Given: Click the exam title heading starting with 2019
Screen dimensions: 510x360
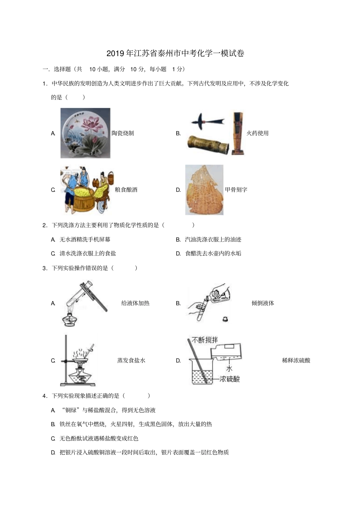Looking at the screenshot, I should (x=175, y=53).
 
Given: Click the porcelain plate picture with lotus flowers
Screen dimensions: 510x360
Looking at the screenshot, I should (x=85, y=133).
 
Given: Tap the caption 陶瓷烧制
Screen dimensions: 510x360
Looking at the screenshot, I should (x=123, y=133).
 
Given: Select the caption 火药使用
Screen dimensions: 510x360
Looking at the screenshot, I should (x=257, y=133).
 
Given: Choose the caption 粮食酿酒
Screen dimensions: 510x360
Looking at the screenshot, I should (x=126, y=190).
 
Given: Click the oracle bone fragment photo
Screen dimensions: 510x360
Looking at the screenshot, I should (x=204, y=190).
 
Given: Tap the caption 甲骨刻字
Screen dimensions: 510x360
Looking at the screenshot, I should (x=236, y=190).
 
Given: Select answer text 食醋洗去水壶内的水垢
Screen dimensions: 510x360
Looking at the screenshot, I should (x=213, y=254).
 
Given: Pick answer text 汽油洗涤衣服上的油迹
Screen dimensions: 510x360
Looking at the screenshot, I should (x=213, y=240).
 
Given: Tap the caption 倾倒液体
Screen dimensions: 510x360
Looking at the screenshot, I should (x=263, y=303).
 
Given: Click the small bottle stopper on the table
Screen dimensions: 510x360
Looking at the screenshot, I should (x=225, y=319).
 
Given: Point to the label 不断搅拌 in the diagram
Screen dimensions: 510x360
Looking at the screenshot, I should (x=205, y=340).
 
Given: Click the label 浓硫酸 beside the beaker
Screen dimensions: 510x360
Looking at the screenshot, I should (x=230, y=379).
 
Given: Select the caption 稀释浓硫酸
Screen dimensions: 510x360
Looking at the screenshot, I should (x=296, y=361).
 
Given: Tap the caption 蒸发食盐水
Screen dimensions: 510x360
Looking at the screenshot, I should (x=131, y=361).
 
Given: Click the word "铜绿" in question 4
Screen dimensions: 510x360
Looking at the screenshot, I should (x=72, y=410).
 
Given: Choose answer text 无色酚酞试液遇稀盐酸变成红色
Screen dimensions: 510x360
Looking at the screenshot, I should (x=99, y=439).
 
